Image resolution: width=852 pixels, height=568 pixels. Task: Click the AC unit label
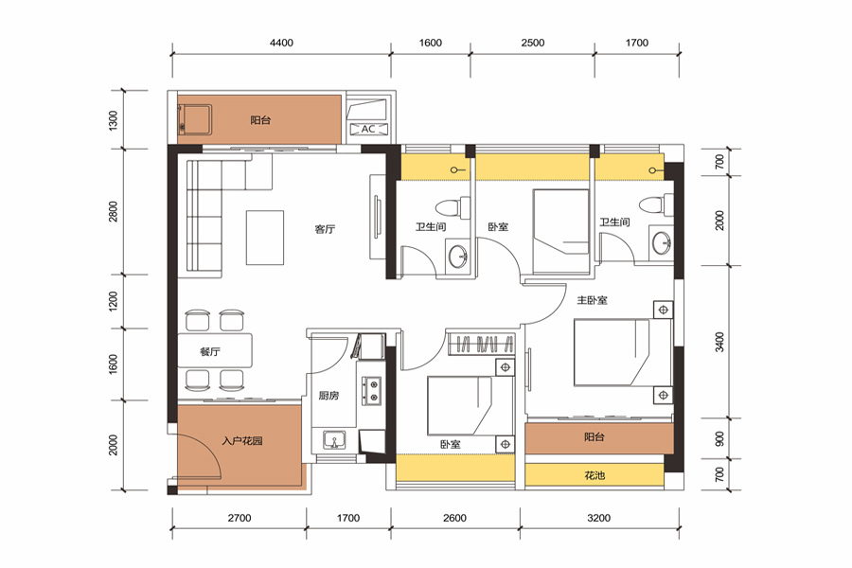pyautogui.click(x=368, y=129)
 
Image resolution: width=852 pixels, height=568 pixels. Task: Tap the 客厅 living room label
pyautogui.click(x=325, y=229)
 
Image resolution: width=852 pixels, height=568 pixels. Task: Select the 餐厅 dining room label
pyautogui.click(x=210, y=351)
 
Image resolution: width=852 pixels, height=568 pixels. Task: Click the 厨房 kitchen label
pyautogui.click(x=328, y=396)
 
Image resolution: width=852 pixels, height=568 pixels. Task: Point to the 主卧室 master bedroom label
pyautogui.click(x=593, y=300)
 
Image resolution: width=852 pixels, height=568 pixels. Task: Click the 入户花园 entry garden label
pyautogui.click(x=242, y=441)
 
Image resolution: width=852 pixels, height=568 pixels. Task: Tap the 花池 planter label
pyautogui.click(x=595, y=475)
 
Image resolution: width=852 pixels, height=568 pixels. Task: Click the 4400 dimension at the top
pyautogui.click(x=281, y=43)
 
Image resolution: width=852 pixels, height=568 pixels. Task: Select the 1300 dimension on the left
pyautogui.click(x=113, y=120)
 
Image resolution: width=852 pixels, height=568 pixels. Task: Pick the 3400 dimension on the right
pyautogui.click(x=719, y=342)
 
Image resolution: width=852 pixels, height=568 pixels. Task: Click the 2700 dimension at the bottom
pyautogui.click(x=240, y=518)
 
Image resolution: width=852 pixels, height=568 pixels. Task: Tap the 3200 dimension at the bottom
pyautogui.click(x=599, y=518)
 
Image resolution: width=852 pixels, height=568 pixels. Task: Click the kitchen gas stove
pyautogui.click(x=372, y=391)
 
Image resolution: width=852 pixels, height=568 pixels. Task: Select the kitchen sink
pyautogui.click(x=334, y=439)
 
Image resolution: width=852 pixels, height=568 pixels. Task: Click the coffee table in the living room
pyautogui.click(x=265, y=238)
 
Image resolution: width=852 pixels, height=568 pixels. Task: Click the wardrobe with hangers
pyautogui.click(x=481, y=344)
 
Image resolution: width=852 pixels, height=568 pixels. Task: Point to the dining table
pyautogui.click(x=215, y=351)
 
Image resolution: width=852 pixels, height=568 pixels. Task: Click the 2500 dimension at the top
pyautogui.click(x=532, y=43)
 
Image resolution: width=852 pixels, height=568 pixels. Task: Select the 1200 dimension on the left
pyautogui.click(x=113, y=301)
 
